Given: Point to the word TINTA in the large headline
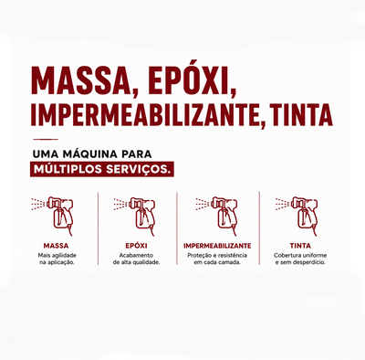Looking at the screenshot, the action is tap(301, 115).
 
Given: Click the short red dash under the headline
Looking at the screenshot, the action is tap(46, 139).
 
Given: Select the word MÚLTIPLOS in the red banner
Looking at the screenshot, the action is tap(68, 169).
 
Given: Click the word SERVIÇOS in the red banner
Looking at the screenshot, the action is tap(138, 169).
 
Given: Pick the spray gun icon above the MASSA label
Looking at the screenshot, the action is tap(54, 216).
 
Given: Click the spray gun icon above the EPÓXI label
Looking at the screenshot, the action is tap(135, 216).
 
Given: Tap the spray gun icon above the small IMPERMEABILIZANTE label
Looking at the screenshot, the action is tap(217, 216).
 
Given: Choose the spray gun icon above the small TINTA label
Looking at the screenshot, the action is tap(297, 216).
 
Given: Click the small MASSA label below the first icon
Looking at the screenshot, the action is tap(56, 246).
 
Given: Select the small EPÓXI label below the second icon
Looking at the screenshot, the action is tap(136, 246).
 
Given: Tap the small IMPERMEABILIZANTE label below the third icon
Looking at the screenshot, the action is tap(217, 246).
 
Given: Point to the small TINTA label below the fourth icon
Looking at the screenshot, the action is tap(300, 246).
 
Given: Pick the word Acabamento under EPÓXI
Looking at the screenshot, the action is tap(136, 255).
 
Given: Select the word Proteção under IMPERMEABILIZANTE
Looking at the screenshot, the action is tap(198, 256).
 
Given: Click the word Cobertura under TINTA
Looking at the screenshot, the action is tap(286, 255).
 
